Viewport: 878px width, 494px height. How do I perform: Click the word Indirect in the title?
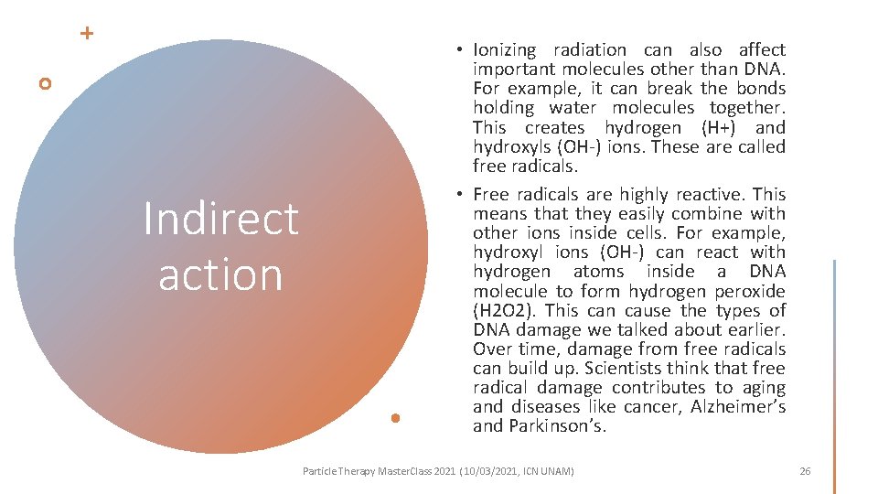pyautogui.click(x=220, y=219)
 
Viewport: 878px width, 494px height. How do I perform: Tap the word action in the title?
pyautogui.click(x=220, y=274)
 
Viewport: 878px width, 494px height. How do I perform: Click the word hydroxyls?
pyautogui.click(x=510, y=147)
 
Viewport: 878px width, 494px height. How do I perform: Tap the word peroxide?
pyautogui.click(x=749, y=291)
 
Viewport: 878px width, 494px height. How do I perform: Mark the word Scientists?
pyautogui.click(x=621, y=369)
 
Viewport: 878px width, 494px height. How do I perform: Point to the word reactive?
pyautogui.click(x=709, y=194)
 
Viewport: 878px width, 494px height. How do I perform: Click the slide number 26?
pyautogui.click(x=805, y=471)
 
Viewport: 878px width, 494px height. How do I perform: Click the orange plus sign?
pyautogui.click(x=87, y=34)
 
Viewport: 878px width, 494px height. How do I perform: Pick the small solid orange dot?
pyautogui.click(x=395, y=418)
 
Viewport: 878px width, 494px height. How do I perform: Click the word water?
pyautogui.click(x=541, y=109)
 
